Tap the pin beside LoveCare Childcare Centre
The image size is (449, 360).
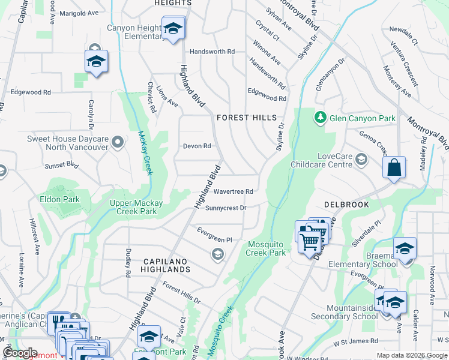pyautogui.click(x=361, y=159)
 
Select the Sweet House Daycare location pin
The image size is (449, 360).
pyautogui.click(x=118, y=143)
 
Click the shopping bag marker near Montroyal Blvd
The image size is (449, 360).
pyautogui.click(x=394, y=168)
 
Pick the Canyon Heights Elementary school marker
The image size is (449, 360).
pyautogui.click(x=173, y=28)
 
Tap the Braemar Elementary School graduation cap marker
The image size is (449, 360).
pyautogui.click(x=405, y=248)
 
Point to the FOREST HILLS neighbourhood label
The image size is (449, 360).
pyautogui.click(x=247, y=118)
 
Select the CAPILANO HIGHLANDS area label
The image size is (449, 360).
pyautogui.click(x=167, y=266)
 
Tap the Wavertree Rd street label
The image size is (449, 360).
pyautogui.click(x=233, y=191)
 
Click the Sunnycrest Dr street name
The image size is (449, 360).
pyautogui.click(x=226, y=208)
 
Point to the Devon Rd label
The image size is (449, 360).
pyautogui.click(x=197, y=146)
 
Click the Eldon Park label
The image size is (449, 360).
pyautogui.click(x=59, y=199)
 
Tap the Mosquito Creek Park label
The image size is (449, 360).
pyautogui.click(x=268, y=248)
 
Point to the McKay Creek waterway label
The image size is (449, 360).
pyautogui.click(x=145, y=153)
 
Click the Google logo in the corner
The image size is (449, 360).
pyautogui.click(x=20, y=353)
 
